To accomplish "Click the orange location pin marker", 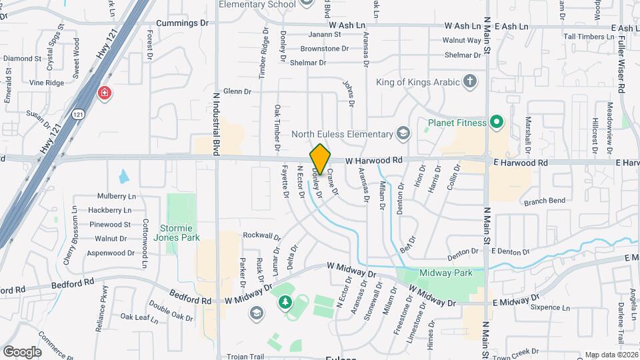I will [x=320, y=159].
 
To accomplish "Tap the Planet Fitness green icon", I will [x=495, y=122].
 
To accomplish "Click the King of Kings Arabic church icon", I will [x=471, y=82].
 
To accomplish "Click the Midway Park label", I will [x=445, y=273].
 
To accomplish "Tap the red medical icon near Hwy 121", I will [x=104, y=93].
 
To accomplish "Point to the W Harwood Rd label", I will [x=374, y=161].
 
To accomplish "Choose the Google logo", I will [x=22, y=351].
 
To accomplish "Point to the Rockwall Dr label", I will [x=262, y=235].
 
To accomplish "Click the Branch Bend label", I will [x=544, y=201].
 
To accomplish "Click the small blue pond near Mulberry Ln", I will [x=124, y=177].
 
